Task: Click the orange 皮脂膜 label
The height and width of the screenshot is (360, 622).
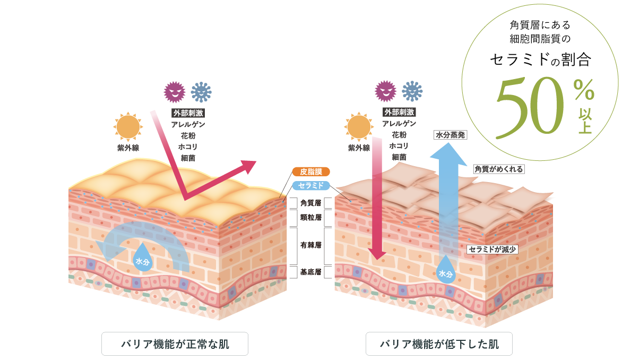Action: tap(311, 172)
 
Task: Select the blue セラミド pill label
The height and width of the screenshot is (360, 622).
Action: tap(311, 186)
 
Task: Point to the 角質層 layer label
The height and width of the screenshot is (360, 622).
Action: tap(311, 203)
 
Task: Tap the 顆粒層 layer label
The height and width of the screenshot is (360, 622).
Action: tap(311, 218)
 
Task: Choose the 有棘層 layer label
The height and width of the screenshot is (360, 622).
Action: tap(311, 245)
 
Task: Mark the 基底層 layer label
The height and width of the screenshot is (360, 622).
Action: tap(311, 272)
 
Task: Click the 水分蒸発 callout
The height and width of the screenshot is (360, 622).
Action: tap(450, 135)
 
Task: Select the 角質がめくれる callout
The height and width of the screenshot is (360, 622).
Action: tap(498, 169)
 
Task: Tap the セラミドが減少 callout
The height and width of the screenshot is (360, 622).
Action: tap(493, 248)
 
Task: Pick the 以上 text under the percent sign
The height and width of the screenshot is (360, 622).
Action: tap(584, 121)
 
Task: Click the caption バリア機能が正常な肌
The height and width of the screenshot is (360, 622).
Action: tap(175, 344)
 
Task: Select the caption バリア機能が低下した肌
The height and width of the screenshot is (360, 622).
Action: tap(438, 344)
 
